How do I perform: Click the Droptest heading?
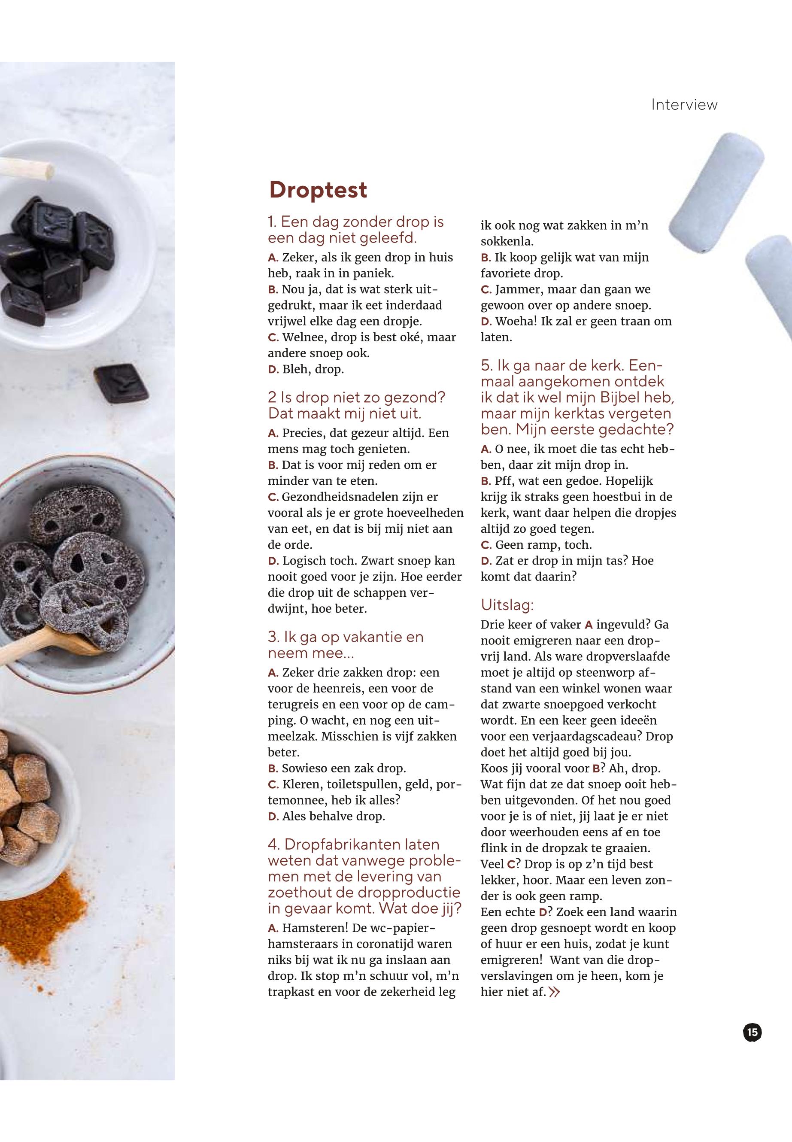[x=318, y=190]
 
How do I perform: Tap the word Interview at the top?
[x=684, y=105]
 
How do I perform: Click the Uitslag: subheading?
[x=507, y=605]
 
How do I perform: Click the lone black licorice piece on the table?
[x=121, y=383]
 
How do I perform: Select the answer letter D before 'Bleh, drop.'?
[x=273, y=370]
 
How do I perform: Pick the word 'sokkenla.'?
[x=507, y=242]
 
